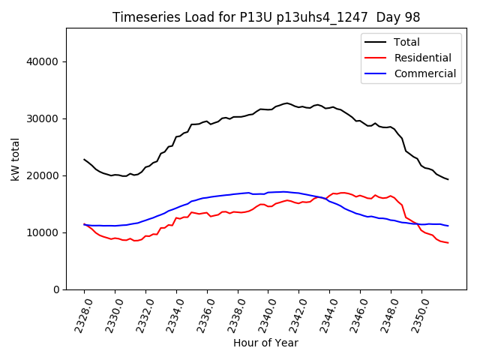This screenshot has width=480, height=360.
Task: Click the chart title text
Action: click(265, 17)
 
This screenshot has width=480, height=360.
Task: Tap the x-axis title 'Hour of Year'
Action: click(265, 343)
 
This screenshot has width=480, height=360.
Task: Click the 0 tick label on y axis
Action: click(55, 289)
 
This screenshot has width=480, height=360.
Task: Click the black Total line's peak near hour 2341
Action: click(286, 103)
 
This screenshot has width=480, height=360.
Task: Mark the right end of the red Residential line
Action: click(448, 243)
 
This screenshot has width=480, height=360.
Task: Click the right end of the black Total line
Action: click(448, 179)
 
